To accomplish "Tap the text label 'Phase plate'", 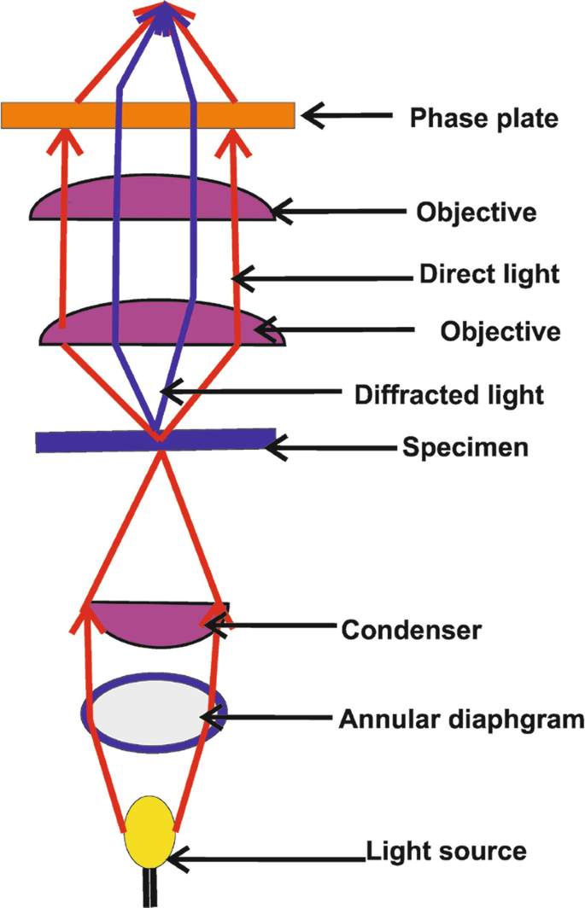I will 483,117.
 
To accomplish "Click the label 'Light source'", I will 445,851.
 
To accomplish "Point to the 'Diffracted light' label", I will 448,394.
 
